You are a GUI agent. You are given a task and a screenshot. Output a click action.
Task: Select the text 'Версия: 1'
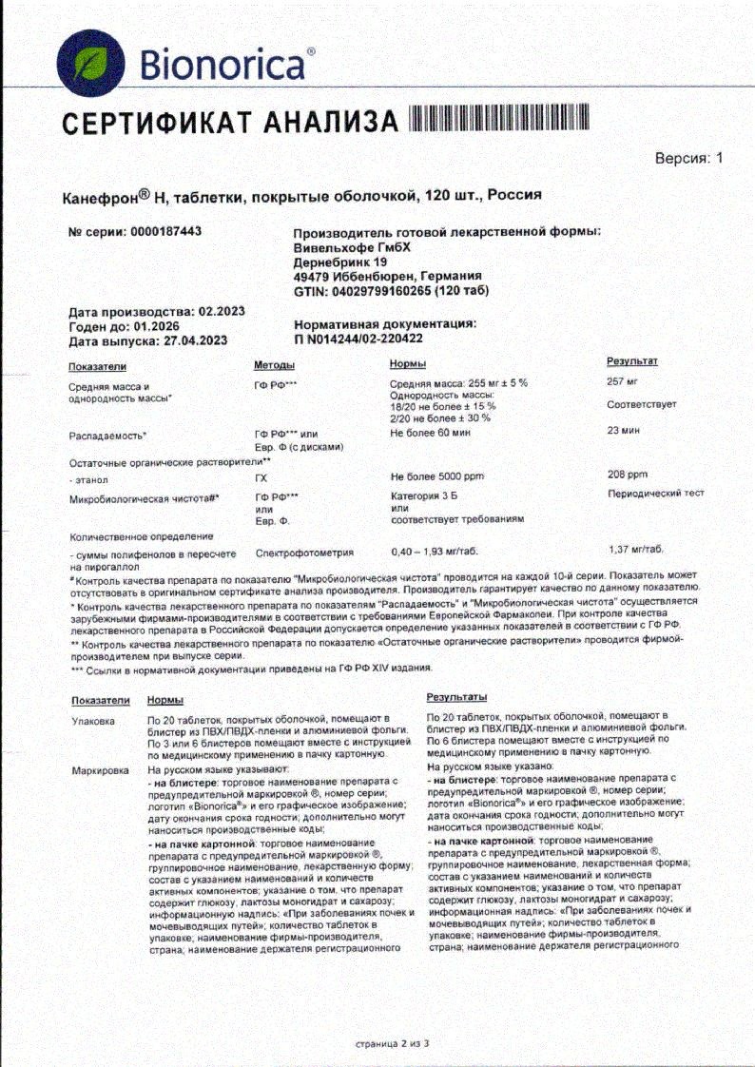point(689,159)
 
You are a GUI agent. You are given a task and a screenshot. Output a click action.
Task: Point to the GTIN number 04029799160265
point(389,290)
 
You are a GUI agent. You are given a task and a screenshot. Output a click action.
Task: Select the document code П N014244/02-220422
point(358,338)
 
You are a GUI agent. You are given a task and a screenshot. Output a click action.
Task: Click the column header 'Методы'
point(274,365)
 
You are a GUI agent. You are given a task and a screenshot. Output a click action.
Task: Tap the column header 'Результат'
point(631,361)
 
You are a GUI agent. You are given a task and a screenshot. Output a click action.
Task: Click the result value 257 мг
point(622,381)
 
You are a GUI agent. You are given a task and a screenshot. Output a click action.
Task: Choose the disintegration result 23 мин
point(624,431)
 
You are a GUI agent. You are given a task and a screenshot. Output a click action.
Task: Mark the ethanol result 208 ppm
point(627,474)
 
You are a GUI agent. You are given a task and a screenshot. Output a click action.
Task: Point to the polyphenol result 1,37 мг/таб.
point(637,550)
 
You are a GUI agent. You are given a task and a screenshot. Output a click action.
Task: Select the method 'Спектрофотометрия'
point(304,552)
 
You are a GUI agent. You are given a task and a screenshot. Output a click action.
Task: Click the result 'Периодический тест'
point(655,495)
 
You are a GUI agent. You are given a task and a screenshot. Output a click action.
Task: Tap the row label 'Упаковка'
point(93,722)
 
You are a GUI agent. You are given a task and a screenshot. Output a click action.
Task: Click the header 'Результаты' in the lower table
point(457,698)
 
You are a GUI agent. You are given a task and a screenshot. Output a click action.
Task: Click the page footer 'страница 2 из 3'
point(392,1043)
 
